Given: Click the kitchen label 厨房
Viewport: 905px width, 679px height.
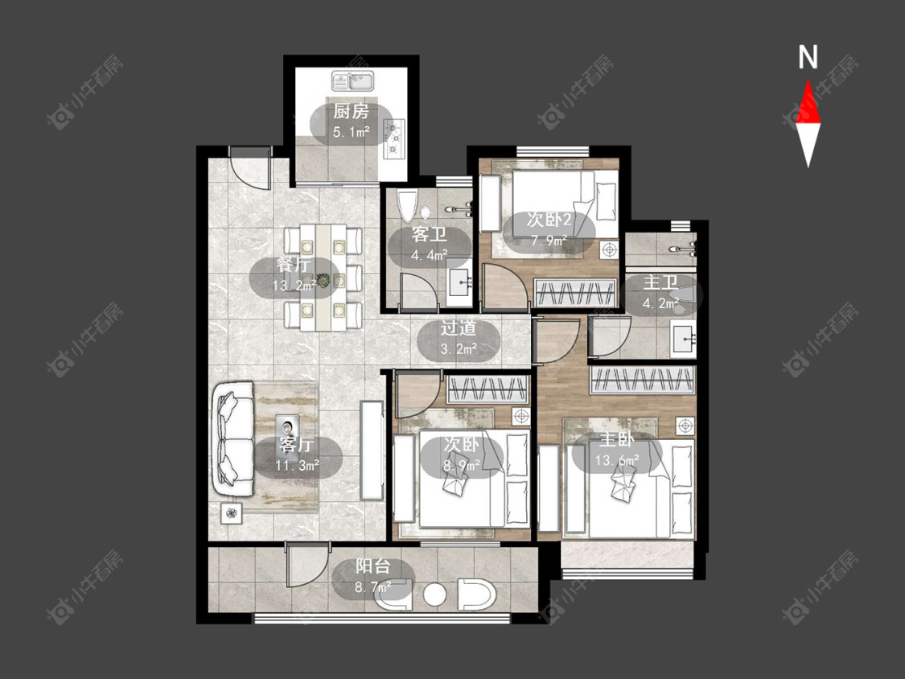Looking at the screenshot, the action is [x=351, y=111].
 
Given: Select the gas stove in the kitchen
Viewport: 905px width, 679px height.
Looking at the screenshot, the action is [x=395, y=138].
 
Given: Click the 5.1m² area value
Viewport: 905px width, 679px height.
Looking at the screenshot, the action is [x=351, y=132].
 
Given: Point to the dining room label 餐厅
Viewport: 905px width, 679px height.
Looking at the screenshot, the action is [x=293, y=265].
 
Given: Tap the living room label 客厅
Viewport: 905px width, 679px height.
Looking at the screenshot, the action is [x=297, y=444].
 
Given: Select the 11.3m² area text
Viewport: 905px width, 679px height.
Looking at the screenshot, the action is [x=298, y=465].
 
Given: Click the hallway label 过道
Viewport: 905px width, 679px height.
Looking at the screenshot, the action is [x=459, y=328].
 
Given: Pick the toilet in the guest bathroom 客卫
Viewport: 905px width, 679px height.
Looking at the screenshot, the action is [x=408, y=206].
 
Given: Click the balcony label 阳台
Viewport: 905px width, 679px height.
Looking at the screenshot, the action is [x=372, y=566].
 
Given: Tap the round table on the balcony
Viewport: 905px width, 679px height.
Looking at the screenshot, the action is [x=434, y=594].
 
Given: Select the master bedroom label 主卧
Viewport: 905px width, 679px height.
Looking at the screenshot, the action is [x=616, y=439].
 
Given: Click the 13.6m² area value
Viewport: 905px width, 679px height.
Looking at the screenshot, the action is [x=617, y=460].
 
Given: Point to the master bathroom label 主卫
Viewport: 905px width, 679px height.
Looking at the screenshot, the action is [x=661, y=282].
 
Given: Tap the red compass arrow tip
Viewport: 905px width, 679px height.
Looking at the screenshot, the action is [x=808, y=80].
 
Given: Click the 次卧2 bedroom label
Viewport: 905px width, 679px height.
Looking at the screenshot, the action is [x=549, y=220].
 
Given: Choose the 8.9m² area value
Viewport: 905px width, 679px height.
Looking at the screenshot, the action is [x=462, y=465].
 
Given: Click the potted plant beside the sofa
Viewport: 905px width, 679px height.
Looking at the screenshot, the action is [x=232, y=512].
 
